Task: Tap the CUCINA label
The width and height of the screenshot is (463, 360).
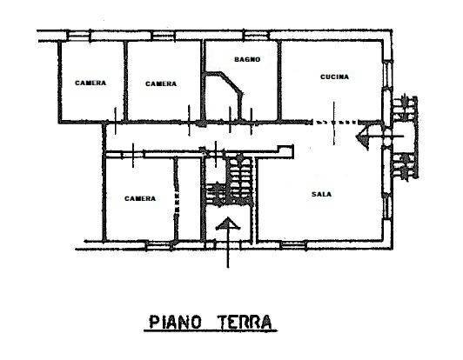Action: [x=334, y=77]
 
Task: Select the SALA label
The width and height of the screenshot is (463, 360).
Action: [x=321, y=194]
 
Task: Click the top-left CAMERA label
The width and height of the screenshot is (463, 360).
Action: [x=91, y=83]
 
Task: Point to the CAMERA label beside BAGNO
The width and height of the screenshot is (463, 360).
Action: [x=161, y=83]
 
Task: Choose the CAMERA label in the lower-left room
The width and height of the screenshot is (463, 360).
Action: [x=139, y=198]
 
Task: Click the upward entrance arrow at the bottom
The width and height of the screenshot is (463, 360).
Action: [x=227, y=239]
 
